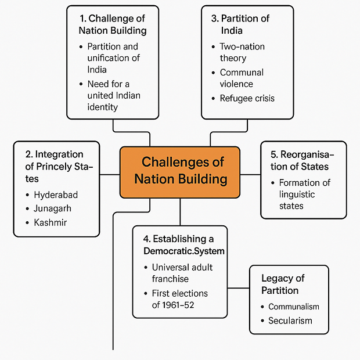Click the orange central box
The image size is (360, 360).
pyautogui.click(x=180, y=172)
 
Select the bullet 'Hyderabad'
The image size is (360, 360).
pyautogui.click(x=56, y=195)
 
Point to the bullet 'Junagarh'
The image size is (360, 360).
pyautogui.click(x=52, y=208)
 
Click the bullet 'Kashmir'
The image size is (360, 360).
pyautogui.click(x=51, y=222)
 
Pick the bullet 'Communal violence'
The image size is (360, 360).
pyautogui.click(x=242, y=78)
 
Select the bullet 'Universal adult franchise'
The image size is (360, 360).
pyautogui.click(x=182, y=273)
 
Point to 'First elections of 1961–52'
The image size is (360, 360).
pyautogui.click(x=179, y=299)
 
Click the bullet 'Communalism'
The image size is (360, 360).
pyautogui.click(x=293, y=307)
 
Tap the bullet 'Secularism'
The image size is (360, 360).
pyautogui.click(x=290, y=321)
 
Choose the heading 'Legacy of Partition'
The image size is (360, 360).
pyautogui.click(x=283, y=285)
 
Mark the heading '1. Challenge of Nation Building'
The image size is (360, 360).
pyautogui.click(x=113, y=24)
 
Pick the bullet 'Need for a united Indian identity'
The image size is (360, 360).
pyautogui.click(x=113, y=95)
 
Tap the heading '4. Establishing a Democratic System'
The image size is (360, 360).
pyautogui.click(x=183, y=244)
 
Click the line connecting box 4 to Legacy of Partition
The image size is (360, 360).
pyautogui.click(x=239, y=288)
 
